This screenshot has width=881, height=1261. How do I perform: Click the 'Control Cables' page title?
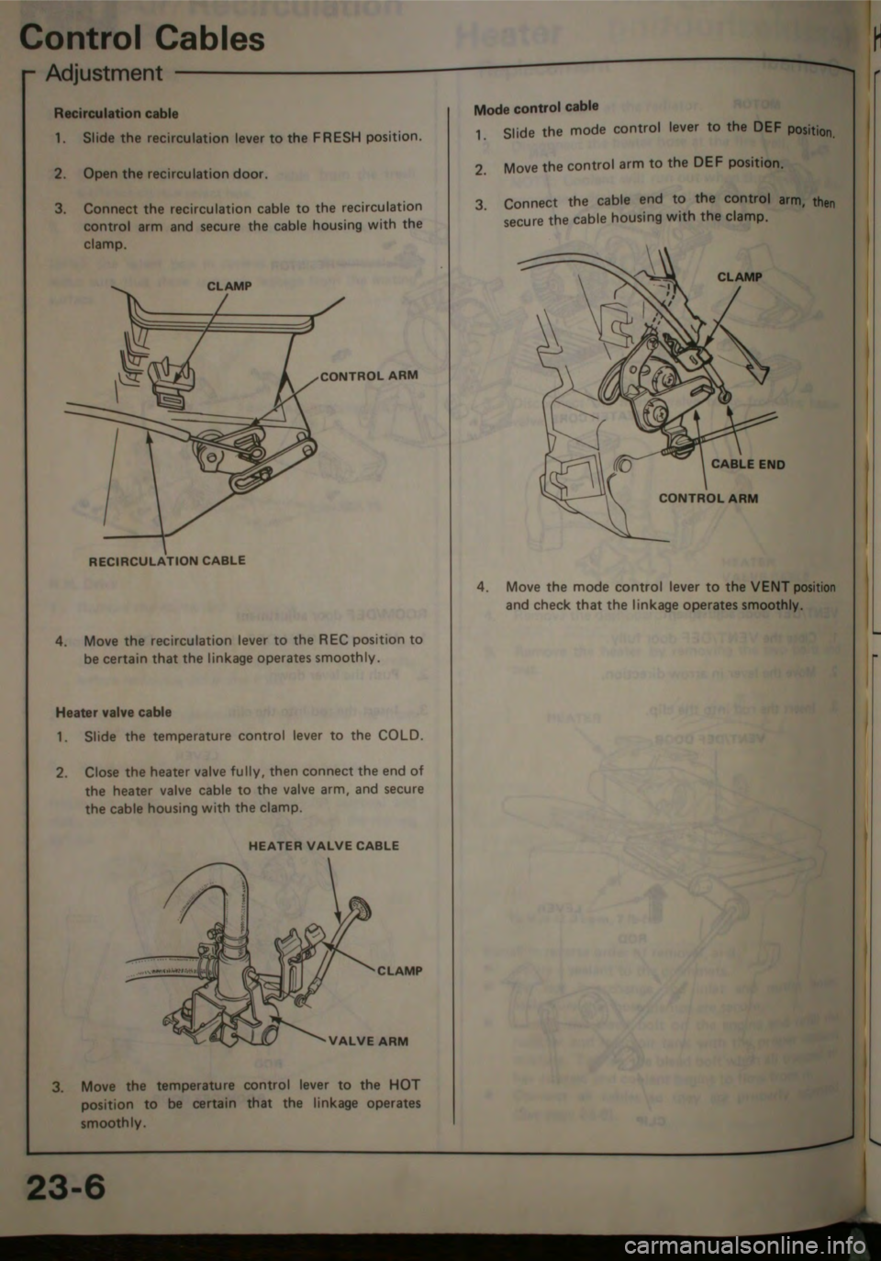pos(142,38)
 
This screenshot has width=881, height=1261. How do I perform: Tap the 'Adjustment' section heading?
pos(104,73)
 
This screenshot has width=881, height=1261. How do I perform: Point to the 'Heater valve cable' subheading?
pos(113,712)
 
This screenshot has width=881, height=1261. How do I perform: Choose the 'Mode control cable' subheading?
pos(536,107)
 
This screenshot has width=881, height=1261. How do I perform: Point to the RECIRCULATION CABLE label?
pos(167,559)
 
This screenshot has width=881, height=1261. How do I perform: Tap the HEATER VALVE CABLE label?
pos(324,845)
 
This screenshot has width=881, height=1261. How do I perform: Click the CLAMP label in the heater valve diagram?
pos(399,971)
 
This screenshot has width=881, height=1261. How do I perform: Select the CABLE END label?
pos(748,464)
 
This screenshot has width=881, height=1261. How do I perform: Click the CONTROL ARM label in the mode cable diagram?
pos(708,499)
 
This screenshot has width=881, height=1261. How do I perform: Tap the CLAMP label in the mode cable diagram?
pos(739,276)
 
